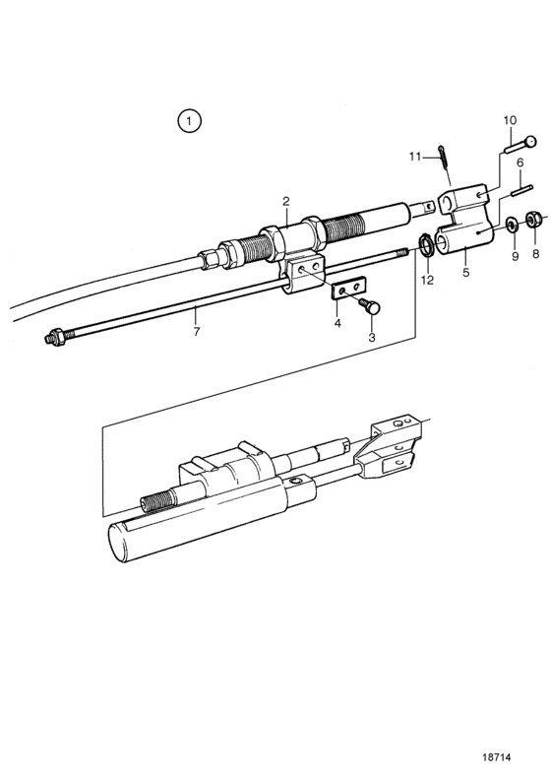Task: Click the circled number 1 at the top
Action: coord(189,121)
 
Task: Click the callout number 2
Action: coord(285,202)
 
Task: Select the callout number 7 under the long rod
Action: coord(196,331)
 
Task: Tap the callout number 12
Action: coord(427,280)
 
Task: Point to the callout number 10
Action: coord(510,120)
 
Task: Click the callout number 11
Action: coord(415,157)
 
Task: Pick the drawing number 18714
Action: coord(496,757)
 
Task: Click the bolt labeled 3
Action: coord(371,306)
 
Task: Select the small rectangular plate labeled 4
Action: coord(348,288)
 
